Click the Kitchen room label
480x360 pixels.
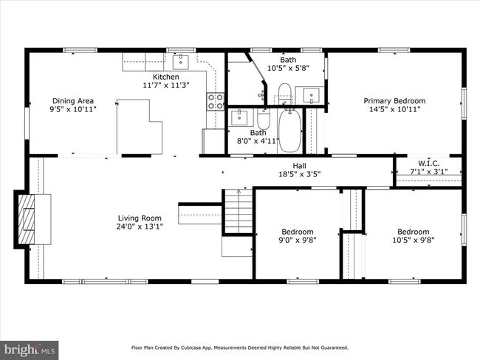point(166,77)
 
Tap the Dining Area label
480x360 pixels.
point(73,101)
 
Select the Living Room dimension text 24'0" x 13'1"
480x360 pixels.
point(140,226)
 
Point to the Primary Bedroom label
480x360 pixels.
point(394,101)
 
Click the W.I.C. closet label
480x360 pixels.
point(429,163)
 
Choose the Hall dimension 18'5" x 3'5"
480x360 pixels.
point(299,174)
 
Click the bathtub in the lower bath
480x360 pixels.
point(290,131)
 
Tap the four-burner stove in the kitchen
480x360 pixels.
point(216,102)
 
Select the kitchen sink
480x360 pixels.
point(181,62)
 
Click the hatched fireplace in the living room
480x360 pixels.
point(27,219)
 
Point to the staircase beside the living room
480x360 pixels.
point(239,211)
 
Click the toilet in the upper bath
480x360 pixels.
point(285,93)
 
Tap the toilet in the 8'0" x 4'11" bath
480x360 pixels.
point(264,119)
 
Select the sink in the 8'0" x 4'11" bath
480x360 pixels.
point(239,117)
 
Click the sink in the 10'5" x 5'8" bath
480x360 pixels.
point(312,95)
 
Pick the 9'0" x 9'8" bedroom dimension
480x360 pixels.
point(298,240)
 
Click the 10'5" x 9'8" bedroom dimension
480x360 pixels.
point(414,240)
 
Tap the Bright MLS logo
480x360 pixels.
point(29,350)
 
